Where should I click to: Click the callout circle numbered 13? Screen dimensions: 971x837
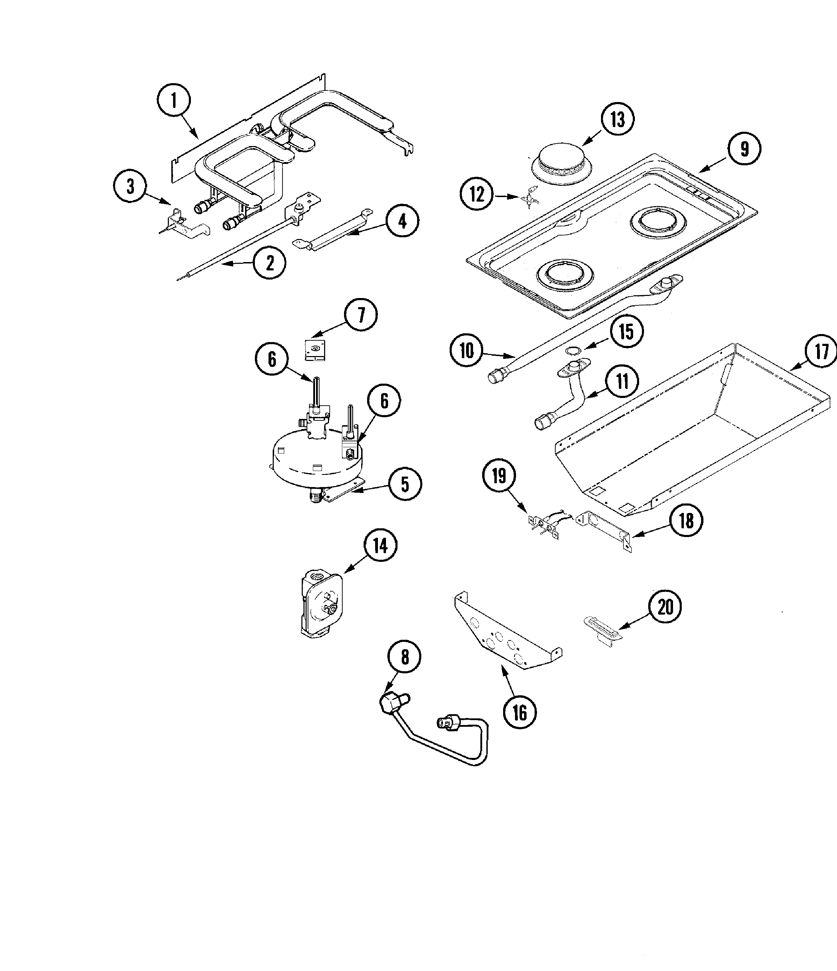point(617,119)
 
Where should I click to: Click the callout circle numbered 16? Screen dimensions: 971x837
point(520,713)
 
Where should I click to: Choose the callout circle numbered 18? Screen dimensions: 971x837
point(686,520)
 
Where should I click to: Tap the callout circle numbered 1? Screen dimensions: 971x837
point(174,100)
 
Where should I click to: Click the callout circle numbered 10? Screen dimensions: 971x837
point(466,350)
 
